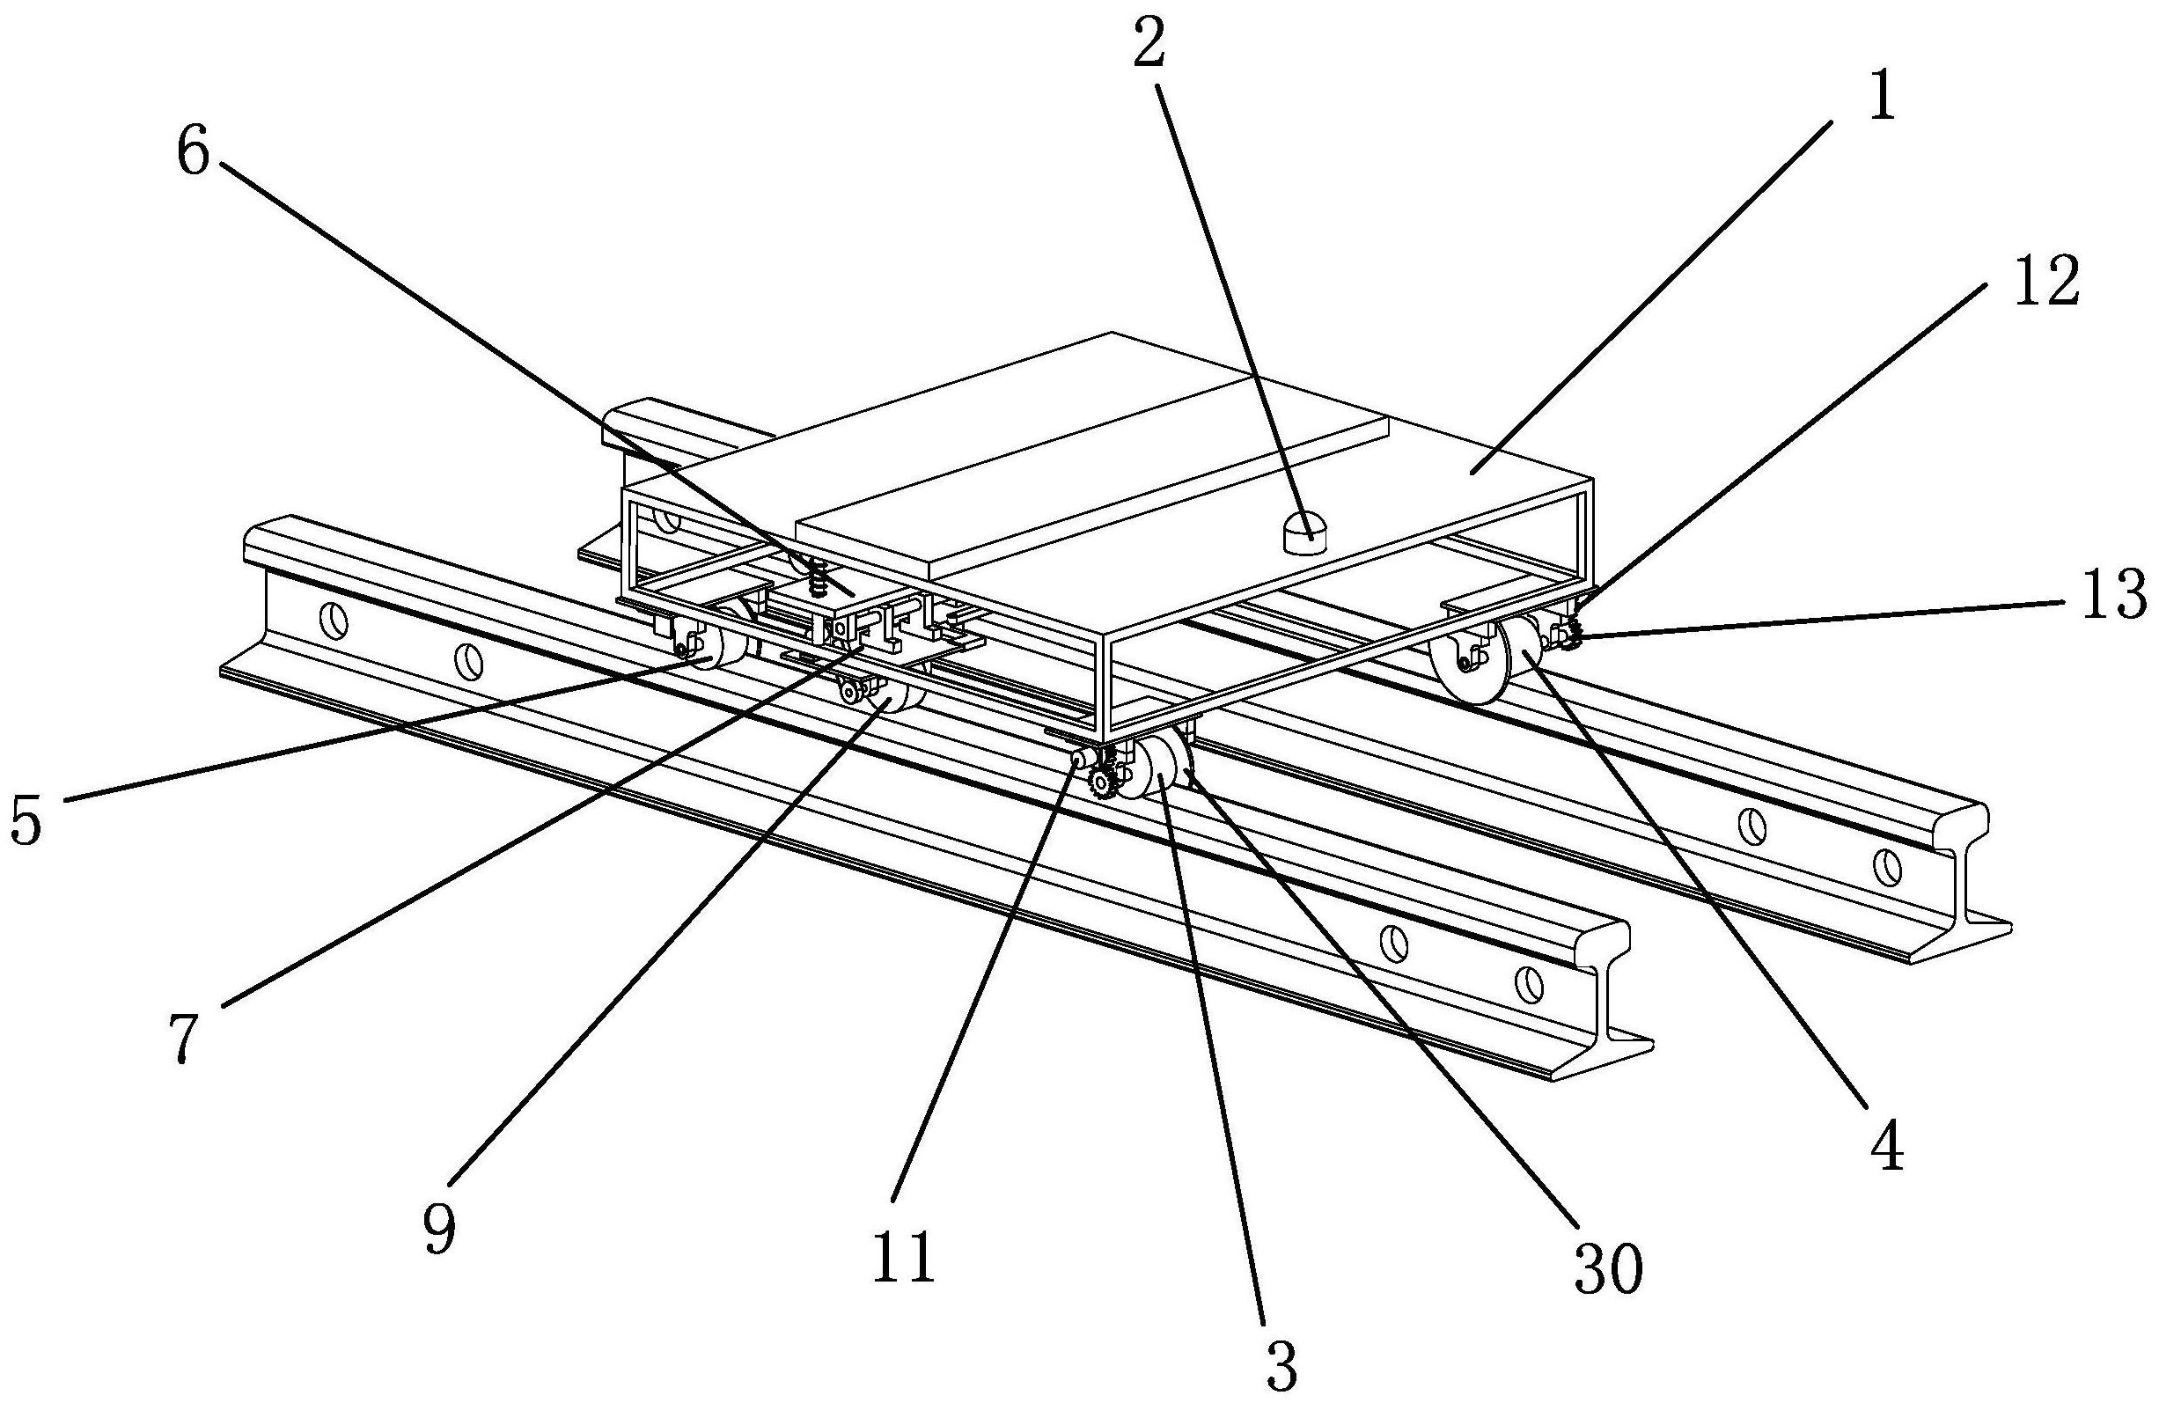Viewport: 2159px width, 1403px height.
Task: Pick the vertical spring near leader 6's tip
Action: pyautogui.click(x=819, y=577)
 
